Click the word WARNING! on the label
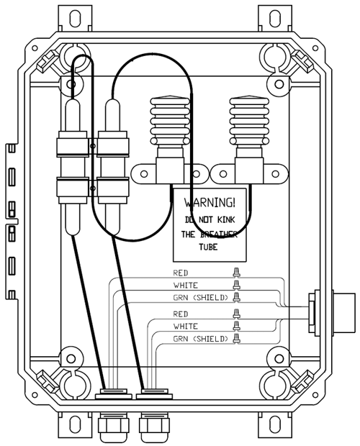[210, 203]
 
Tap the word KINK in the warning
[226, 219]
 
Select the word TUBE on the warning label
[208, 247]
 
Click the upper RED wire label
[181, 273]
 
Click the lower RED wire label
[181, 314]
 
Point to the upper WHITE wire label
[186, 286]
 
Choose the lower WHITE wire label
[186, 327]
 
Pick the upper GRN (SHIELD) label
[201, 298]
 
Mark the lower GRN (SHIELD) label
[201, 339]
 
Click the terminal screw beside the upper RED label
[236, 272]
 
